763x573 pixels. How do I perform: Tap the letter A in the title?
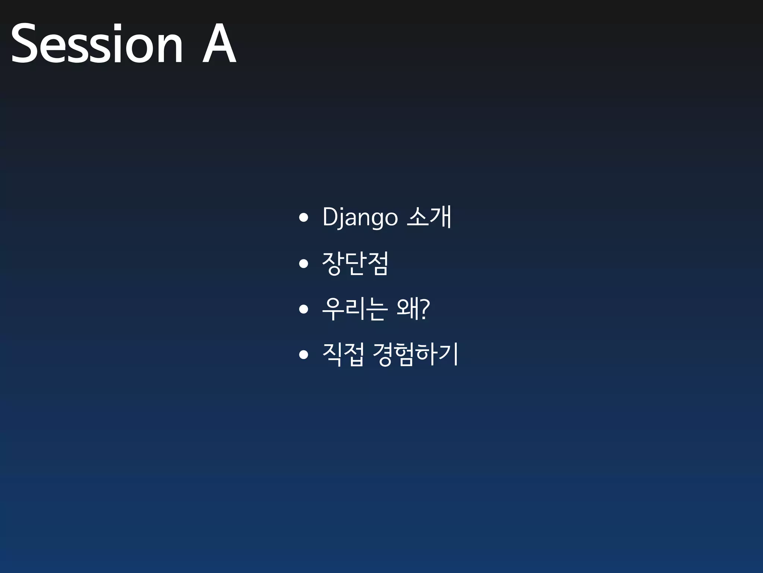pos(219,44)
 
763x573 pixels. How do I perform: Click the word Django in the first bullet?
pos(360,217)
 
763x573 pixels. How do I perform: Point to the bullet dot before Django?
pos(304,217)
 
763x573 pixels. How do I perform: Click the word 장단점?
pos(355,263)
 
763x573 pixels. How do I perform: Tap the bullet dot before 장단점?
pos(304,264)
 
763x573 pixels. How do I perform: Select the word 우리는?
pos(354,309)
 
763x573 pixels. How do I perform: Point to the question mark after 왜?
pos(425,309)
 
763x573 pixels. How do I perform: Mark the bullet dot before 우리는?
pos(304,309)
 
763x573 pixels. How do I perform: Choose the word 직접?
pos(343,355)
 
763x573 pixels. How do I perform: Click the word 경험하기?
pos(415,355)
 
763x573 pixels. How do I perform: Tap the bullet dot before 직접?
pos(304,355)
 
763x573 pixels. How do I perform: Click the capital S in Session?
pos(24,44)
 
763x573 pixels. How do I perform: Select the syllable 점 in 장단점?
pos(377,263)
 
